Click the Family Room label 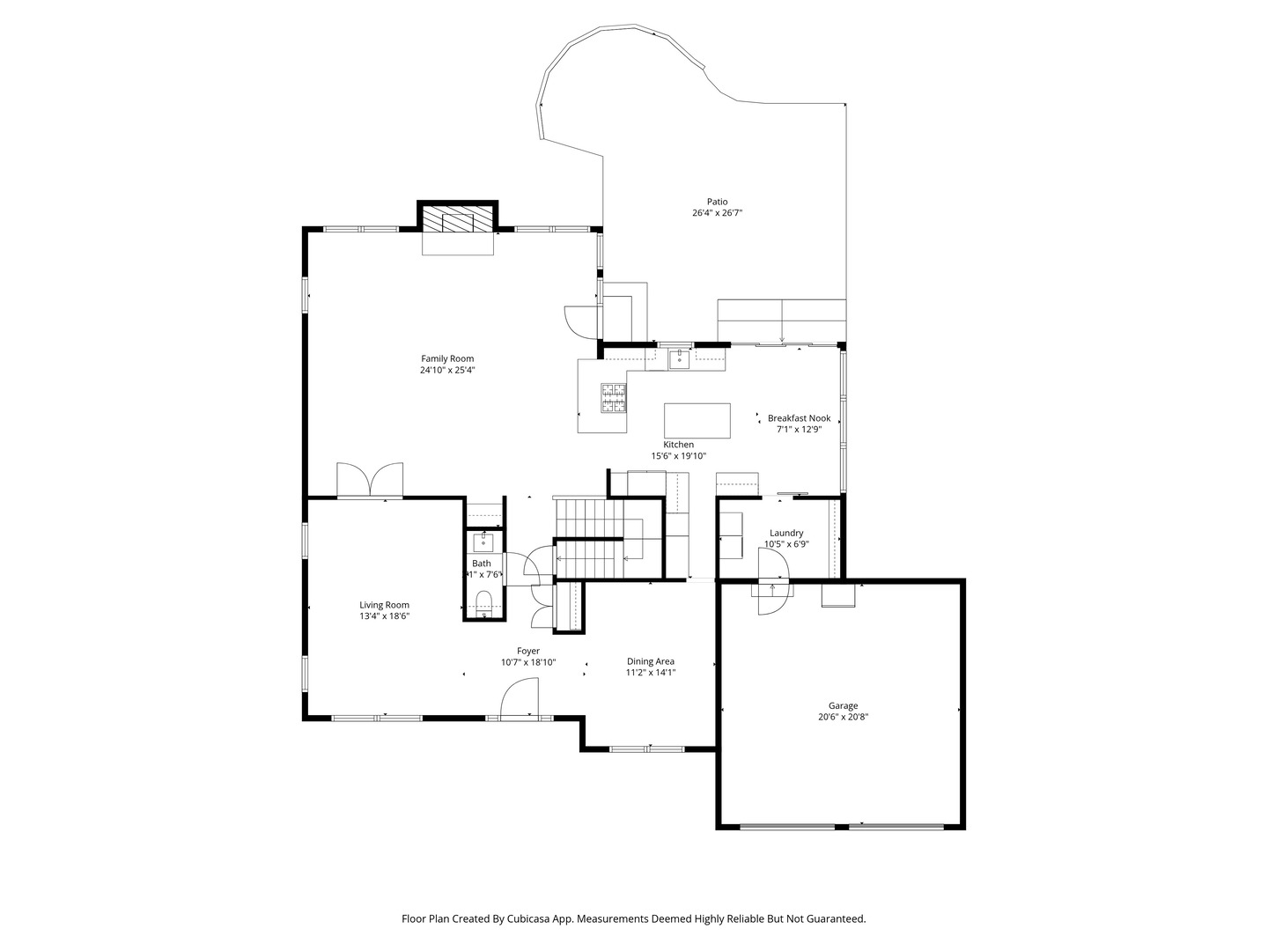(447, 358)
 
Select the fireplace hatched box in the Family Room (458, 219)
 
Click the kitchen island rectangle (697, 420)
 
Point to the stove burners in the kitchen (614, 397)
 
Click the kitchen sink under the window (680, 358)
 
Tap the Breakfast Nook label (799, 418)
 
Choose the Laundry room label (785, 533)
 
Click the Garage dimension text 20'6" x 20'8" (843, 717)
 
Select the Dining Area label (651, 661)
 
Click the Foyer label (528, 651)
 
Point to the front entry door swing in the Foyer (519, 702)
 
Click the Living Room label (384, 605)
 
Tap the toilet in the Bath (483, 602)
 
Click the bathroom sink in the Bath (483, 541)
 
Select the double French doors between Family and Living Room (370, 481)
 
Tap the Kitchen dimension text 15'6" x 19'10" (678, 456)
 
